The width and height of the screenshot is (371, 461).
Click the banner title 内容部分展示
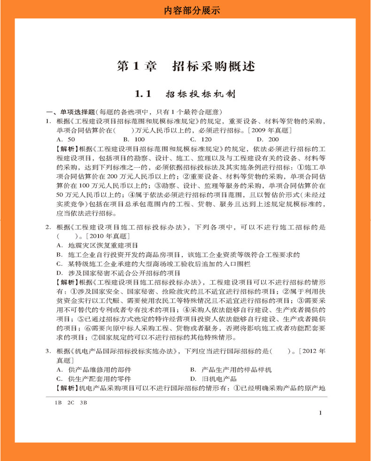(x=185, y=9)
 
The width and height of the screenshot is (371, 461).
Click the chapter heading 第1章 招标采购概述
(x=185, y=66)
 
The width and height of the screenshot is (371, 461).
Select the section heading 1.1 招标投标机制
(x=185, y=94)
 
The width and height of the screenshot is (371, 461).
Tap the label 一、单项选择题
(x=70, y=112)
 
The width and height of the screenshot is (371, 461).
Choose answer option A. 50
(x=65, y=139)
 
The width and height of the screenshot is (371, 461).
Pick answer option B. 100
(x=134, y=139)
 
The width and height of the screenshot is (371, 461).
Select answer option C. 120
(x=201, y=139)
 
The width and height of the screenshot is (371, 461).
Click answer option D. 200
(x=267, y=139)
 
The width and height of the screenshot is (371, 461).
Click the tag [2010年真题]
(x=106, y=236)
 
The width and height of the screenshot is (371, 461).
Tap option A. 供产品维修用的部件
(x=93, y=370)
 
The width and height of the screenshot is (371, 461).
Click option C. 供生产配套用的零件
(x=93, y=379)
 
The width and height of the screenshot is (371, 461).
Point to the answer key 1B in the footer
(x=58, y=403)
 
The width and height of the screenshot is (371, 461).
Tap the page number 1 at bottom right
(x=320, y=413)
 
